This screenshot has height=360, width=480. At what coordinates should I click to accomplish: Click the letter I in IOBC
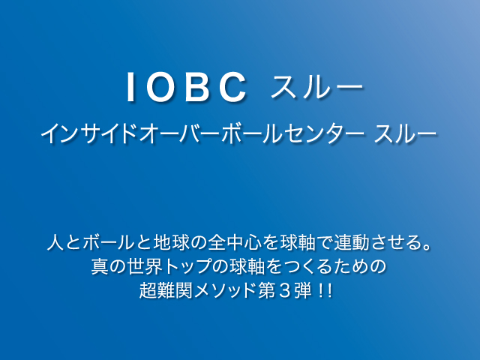coord(130,87)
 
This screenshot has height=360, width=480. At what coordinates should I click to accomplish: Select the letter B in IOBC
coord(198,87)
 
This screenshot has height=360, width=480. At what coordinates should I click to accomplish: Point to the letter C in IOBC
coord(232,87)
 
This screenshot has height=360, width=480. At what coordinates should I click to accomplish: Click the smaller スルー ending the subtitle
coord(405,133)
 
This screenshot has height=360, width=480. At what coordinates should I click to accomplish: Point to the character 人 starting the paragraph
coord(55,242)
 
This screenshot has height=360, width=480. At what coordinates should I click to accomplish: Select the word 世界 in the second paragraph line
coord(145,266)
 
